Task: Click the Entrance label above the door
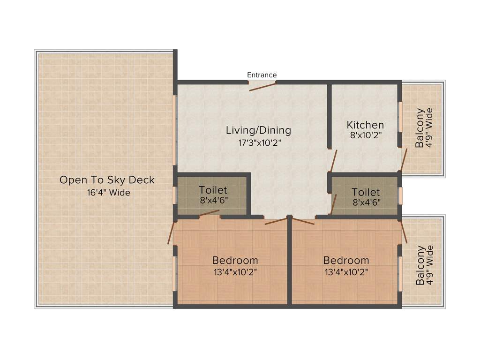262,75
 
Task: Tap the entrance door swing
262,86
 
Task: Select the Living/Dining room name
258,130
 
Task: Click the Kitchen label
365,125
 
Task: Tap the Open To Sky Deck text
107,180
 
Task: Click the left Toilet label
213,190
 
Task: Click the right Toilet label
366,192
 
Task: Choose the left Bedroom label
235,260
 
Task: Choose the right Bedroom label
346,260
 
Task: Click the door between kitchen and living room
333,161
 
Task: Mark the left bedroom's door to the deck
171,232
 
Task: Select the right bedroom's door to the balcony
404,232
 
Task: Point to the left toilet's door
209,214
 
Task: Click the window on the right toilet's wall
400,195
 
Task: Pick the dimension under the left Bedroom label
235,272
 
